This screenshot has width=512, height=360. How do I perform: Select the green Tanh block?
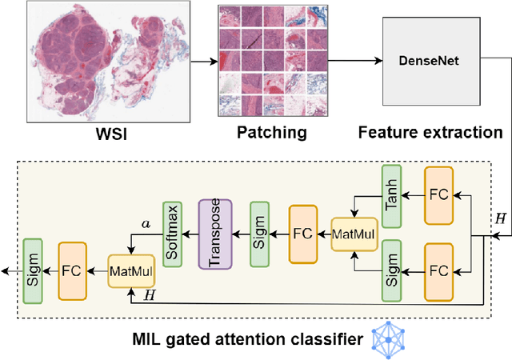pyautogui.click(x=390, y=194)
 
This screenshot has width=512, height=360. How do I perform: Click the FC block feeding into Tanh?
pyautogui.click(x=438, y=194)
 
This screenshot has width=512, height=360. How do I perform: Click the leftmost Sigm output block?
pyautogui.click(x=32, y=270)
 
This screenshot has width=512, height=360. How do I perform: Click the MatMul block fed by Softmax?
pyautogui.click(x=132, y=270)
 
